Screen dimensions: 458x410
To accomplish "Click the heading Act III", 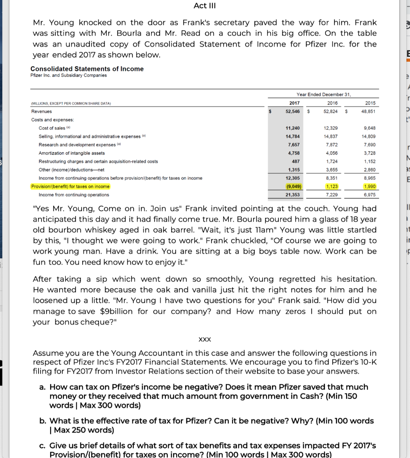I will (205, 6).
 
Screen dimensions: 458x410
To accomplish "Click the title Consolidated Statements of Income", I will (87, 68).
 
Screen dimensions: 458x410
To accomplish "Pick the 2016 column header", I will (332, 103).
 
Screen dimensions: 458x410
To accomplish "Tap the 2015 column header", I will (370, 103).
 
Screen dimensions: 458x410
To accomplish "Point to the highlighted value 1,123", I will (332, 187).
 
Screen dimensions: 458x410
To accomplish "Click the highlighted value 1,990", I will (370, 187).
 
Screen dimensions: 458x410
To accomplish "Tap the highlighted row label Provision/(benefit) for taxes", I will (70, 187).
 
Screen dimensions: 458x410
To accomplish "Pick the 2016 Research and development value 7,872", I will (332, 144).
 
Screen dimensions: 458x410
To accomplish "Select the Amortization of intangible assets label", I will (72, 153).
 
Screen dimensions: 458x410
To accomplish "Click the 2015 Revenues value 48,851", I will (369, 111).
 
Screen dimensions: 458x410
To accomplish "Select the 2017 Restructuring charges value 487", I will (295, 161).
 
